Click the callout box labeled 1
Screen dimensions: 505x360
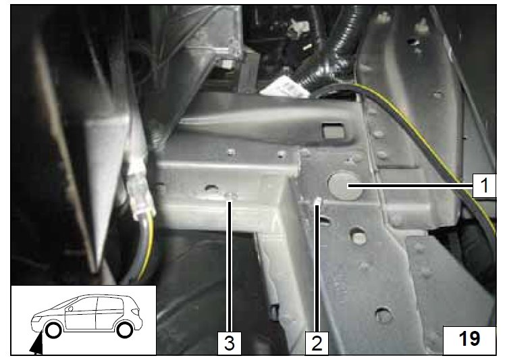tap(484, 185)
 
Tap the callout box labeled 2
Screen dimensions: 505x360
tap(317, 344)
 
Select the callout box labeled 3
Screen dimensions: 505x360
tap(229, 344)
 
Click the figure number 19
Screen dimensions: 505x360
tap(469, 340)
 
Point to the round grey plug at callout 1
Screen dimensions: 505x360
tap(344, 186)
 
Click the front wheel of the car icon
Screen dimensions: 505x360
tap(53, 331)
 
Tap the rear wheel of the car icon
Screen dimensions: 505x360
tap(124, 330)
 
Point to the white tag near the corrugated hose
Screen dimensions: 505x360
tap(285, 88)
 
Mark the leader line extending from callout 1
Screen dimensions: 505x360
tap(410, 186)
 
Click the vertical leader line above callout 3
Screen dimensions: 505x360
tap(229, 266)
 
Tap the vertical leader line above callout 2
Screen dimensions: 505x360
tap(317, 268)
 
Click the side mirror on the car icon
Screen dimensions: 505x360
tap(70, 309)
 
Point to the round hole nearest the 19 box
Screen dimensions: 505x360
tap(383, 314)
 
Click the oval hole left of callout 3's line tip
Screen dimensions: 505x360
tap(211, 187)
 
